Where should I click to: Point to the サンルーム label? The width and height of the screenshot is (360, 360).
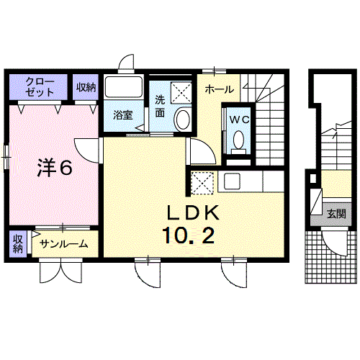coord(64,244)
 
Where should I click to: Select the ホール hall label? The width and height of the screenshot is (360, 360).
coord(218,90)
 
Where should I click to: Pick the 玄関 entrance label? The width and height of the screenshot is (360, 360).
coord(336,213)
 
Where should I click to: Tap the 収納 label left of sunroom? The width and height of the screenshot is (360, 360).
coord(17,243)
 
